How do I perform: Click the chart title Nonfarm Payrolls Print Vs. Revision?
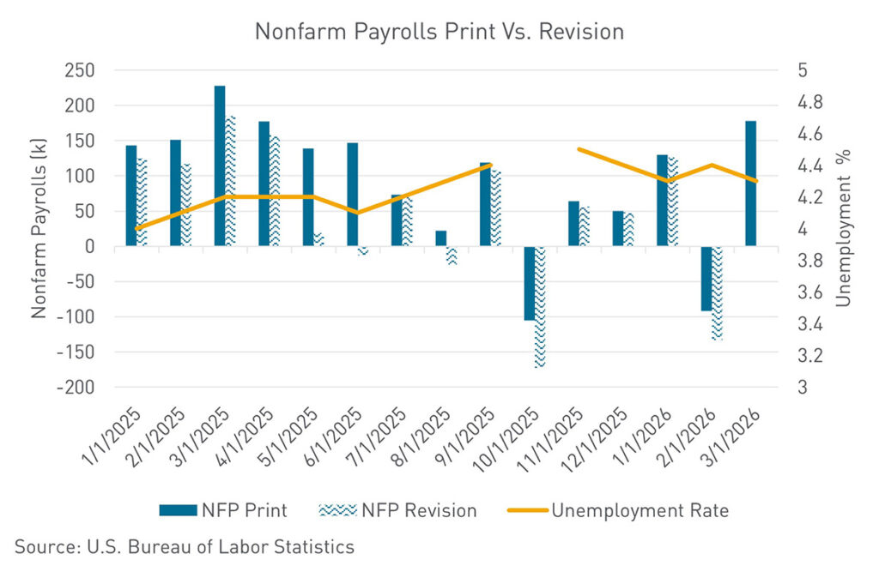[439, 33]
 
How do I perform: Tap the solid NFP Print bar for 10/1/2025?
[529, 283]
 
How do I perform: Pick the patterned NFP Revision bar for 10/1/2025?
[540, 306]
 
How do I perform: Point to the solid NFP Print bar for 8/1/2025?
[440, 238]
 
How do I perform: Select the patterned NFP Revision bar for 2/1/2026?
[717, 293]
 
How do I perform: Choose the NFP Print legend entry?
[223, 510]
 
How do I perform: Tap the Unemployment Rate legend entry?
[616, 510]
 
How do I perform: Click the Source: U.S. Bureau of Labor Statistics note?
[184, 546]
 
